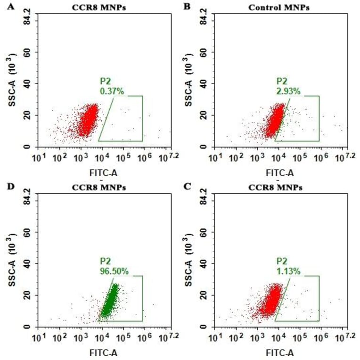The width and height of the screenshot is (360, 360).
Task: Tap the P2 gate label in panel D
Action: (105, 262)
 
